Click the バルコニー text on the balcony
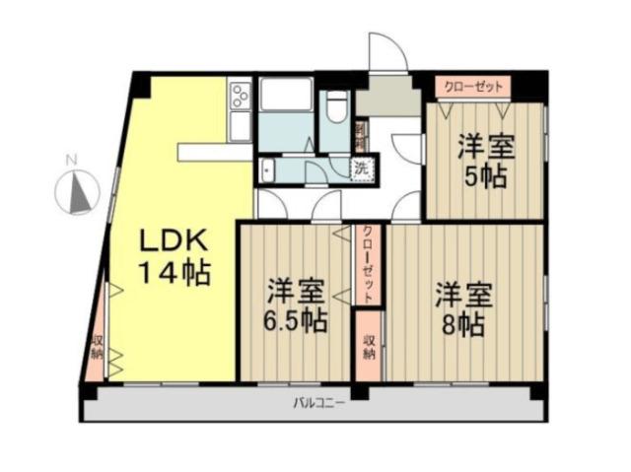click(318, 402)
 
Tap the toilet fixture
click(337, 105)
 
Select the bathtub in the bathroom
click(287, 99)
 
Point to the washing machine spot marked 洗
click(362, 167)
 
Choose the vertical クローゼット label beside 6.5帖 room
click(367, 262)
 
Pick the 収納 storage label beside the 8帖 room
click(369, 346)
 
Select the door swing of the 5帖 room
click(407, 148)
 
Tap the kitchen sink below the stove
click(239, 125)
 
